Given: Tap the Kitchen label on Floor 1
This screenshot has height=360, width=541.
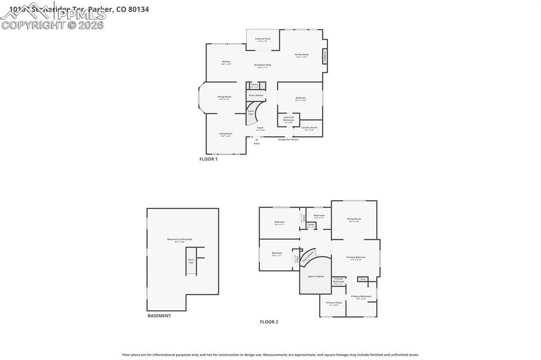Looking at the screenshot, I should [226, 62].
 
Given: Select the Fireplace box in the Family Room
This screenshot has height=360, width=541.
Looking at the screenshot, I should [324, 56].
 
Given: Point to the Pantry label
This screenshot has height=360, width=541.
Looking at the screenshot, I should [255, 85].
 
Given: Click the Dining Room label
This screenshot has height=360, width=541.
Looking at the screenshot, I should [225, 98].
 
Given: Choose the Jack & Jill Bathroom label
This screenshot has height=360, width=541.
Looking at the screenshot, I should [288, 120].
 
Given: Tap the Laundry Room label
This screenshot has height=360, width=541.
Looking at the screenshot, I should [310, 128].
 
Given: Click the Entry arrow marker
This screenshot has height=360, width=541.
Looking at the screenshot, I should [257, 140].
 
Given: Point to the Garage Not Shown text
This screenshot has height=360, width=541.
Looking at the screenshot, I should [288, 139].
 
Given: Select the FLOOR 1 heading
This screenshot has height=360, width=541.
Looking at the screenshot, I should [208, 159].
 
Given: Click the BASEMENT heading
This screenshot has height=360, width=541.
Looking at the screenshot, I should [159, 316].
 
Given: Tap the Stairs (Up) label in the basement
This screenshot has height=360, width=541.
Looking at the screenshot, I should [191, 261].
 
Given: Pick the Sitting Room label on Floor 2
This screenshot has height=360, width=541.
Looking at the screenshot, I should [354, 220].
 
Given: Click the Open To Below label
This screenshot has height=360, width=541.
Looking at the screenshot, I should [316, 276].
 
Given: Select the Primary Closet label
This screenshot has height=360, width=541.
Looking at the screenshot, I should [334, 304].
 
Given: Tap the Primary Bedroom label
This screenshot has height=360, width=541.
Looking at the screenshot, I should [356, 258].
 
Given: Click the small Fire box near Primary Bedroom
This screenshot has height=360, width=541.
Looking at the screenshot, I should [362, 279].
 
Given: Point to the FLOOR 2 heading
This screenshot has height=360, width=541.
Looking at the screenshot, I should [268, 321].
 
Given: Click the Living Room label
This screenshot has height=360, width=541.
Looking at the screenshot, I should [226, 135].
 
